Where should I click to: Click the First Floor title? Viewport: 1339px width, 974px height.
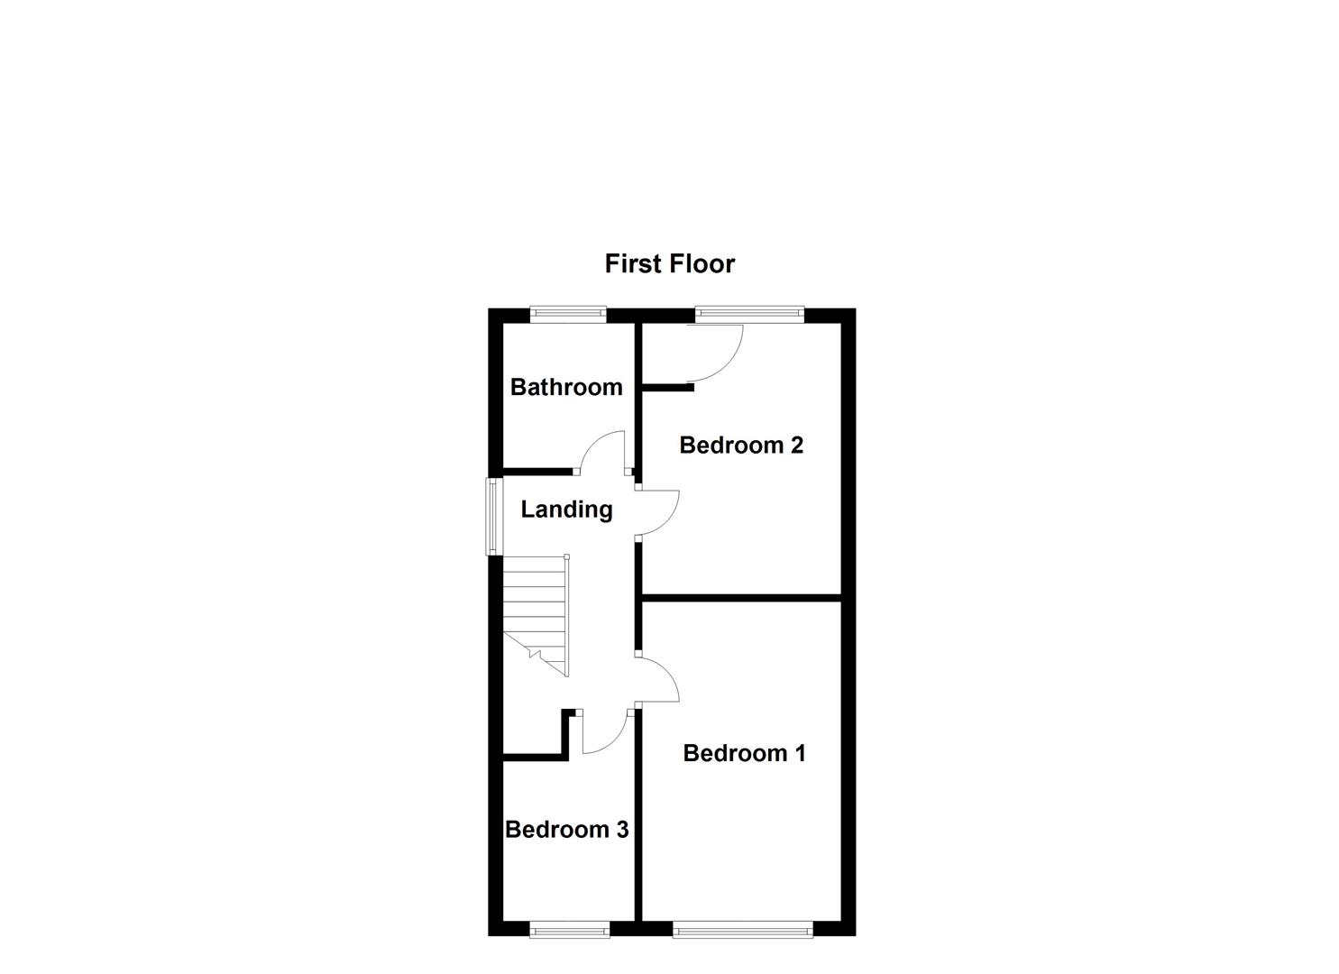[669, 263]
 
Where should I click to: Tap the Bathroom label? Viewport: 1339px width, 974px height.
[566, 387]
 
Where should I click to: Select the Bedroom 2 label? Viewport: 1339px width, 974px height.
[741, 445]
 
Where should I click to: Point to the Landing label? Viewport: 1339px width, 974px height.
[566, 510]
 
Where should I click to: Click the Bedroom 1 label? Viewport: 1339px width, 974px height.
[744, 753]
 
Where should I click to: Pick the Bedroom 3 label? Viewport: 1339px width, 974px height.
[566, 830]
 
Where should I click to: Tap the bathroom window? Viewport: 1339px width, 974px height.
[567, 314]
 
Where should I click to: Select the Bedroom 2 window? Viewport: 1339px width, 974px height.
[749, 314]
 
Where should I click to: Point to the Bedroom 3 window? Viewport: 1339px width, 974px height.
[569, 930]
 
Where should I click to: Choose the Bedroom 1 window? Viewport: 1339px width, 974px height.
[742, 930]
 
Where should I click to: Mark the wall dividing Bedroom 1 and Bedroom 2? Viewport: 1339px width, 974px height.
[741, 597]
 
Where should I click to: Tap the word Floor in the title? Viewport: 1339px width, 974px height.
[703, 263]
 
